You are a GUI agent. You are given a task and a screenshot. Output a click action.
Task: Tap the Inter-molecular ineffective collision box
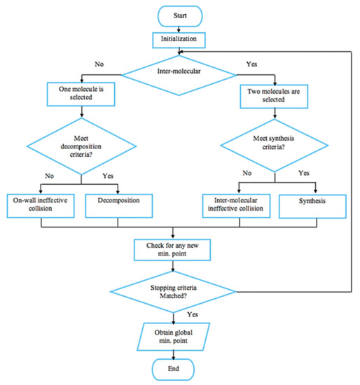coord(238,204)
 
